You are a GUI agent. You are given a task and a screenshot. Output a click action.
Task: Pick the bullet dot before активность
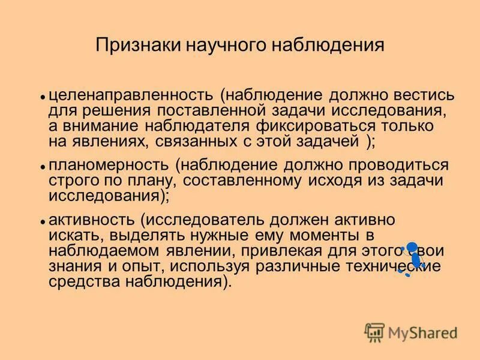43,220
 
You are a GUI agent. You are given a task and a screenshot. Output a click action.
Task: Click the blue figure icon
412,256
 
